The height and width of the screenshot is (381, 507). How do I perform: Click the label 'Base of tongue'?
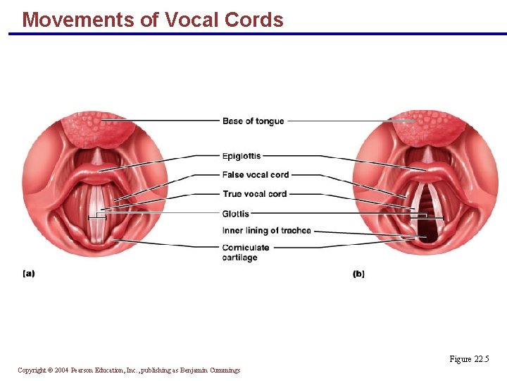(x=253, y=121)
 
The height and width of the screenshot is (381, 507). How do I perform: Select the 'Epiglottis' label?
(x=242, y=156)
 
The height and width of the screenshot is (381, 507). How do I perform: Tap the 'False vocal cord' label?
(x=256, y=175)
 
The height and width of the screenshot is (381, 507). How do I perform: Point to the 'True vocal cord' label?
(x=254, y=194)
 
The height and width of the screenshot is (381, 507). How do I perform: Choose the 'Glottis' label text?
(x=236, y=214)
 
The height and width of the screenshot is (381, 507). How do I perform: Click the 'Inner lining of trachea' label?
(x=266, y=231)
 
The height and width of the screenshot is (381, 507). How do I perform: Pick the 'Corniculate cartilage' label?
(x=246, y=253)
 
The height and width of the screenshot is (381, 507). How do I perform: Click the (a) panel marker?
(x=29, y=274)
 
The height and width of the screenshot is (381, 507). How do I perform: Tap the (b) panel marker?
(x=359, y=274)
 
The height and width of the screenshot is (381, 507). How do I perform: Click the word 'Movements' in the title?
(x=78, y=20)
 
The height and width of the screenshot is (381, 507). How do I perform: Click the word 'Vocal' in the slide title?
(x=192, y=20)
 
